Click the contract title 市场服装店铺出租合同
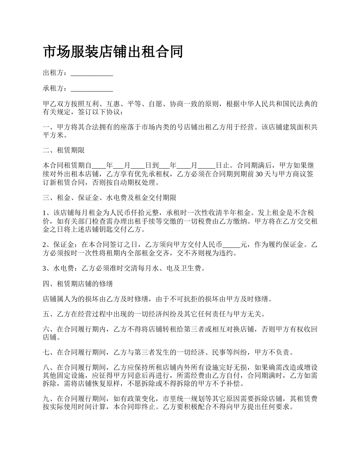click(113, 52)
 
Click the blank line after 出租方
click(92, 73)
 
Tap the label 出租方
click(54, 72)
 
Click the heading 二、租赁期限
click(64, 150)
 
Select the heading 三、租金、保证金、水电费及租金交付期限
click(109, 198)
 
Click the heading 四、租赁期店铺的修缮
click(78, 284)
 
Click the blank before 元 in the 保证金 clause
click(232, 245)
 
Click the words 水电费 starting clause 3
click(64, 269)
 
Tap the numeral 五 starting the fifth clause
click(46, 314)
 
